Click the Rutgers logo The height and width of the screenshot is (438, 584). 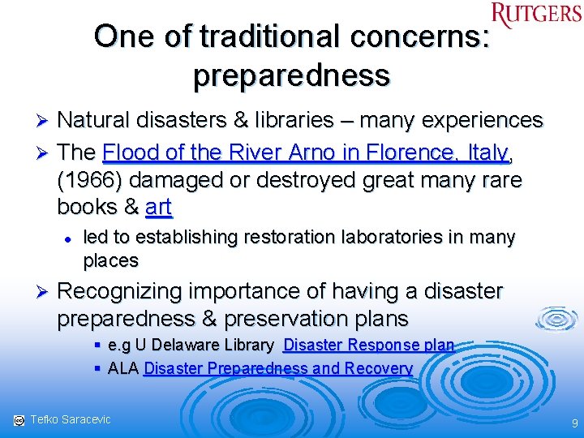point(536,15)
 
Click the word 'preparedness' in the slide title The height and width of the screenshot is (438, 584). point(291,75)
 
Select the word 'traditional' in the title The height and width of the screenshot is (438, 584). point(271,36)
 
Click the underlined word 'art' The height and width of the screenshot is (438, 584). point(158,207)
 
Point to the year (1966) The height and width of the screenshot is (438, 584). point(88,180)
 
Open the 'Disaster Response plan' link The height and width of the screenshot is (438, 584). point(368,345)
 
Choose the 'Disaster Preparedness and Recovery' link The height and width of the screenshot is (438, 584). point(278,368)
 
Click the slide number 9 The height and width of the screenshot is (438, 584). point(574,423)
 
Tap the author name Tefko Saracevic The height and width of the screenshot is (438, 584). point(71,419)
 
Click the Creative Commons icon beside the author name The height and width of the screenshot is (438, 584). point(19,420)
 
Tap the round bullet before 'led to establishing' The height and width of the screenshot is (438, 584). point(70,238)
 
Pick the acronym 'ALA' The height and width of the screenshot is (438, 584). point(122,368)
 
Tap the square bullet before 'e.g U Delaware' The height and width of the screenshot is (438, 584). point(97,345)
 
